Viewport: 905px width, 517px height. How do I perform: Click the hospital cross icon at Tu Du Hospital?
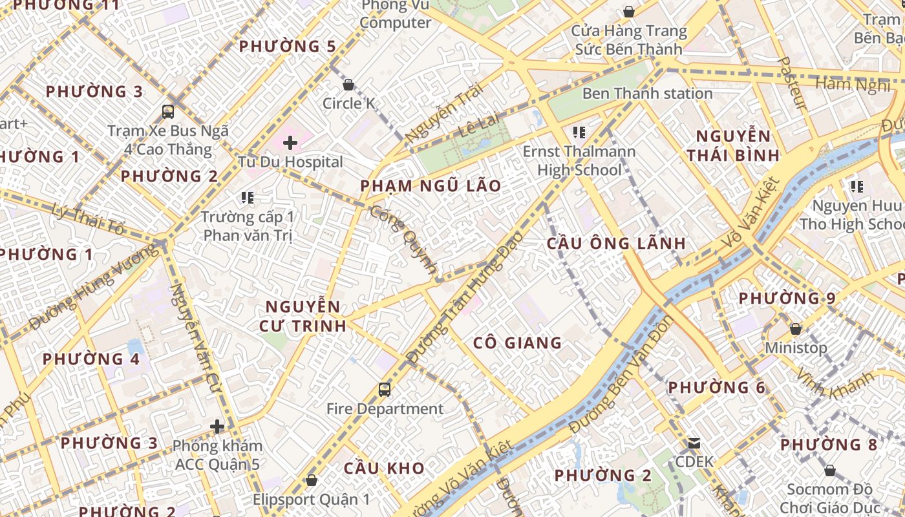click(290, 143)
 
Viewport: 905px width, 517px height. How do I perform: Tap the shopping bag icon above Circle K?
click(348, 85)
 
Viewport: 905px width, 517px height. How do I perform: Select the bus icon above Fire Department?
click(385, 390)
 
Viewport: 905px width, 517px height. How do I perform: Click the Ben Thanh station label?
click(647, 94)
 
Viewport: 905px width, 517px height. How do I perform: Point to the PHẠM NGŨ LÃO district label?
click(431, 186)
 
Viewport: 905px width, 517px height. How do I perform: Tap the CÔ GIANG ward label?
click(517, 343)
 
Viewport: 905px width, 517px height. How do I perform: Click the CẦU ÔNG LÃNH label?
click(616, 244)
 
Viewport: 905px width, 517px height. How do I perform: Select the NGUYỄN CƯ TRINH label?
click(303, 316)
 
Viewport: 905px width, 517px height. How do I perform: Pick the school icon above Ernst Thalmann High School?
click(579, 132)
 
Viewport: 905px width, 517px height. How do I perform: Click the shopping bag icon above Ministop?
click(796, 329)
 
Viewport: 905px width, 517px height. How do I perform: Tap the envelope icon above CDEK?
click(694, 443)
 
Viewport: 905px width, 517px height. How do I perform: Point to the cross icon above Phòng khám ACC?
click(217, 427)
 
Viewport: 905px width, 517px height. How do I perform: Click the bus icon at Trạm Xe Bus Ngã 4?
click(168, 111)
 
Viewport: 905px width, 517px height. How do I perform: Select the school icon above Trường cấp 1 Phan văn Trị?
click(248, 197)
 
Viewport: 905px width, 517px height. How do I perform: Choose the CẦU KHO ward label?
click(384, 468)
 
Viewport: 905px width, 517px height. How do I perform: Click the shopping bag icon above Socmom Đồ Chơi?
click(830, 470)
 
